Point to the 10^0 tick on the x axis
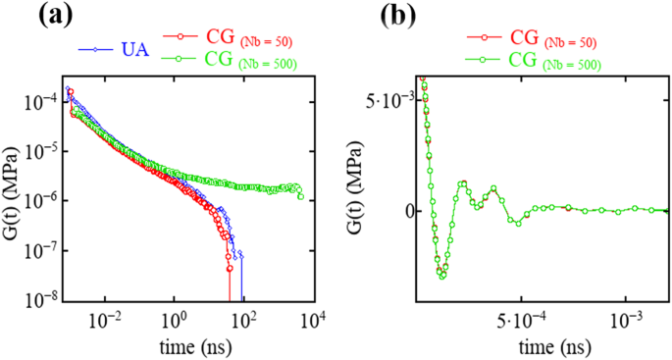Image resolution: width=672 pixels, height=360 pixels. [174, 319]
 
